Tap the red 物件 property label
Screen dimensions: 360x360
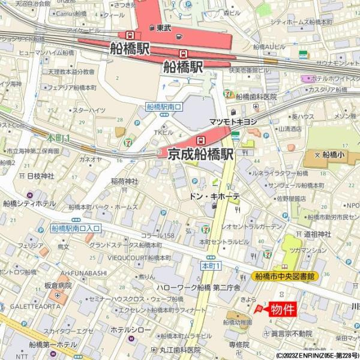(x=282, y=310)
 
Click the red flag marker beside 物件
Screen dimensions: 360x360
(x=259, y=309)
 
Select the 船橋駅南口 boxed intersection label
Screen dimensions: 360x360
(x=164, y=107)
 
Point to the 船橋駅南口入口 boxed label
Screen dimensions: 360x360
(x=76, y=229)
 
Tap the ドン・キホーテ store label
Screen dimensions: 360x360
(x=214, y=196)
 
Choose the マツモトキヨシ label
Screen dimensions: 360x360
(x=233, y=121)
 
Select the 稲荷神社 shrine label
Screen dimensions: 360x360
(x=125, y=181)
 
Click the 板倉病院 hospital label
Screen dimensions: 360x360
(x=58, y=286)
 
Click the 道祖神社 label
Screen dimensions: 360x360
(x=317, y=234)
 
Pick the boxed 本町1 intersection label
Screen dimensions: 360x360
(x=212, y=265)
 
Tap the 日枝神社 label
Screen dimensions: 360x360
(x=41, y=176)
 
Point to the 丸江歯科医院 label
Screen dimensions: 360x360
(x=180, y=350)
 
